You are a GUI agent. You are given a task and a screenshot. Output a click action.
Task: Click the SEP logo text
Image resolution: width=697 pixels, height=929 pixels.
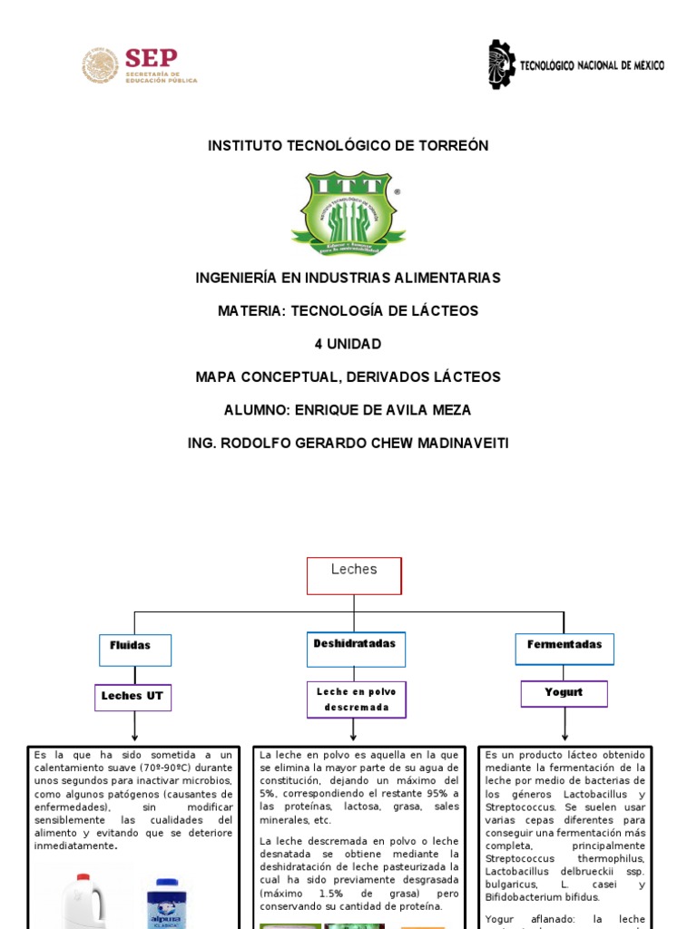tap(151, 58)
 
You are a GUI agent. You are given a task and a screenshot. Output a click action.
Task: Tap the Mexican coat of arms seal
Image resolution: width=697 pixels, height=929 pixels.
tap(101, 66)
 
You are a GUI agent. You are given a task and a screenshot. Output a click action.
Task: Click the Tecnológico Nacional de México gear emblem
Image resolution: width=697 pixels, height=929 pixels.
tap(502, 64)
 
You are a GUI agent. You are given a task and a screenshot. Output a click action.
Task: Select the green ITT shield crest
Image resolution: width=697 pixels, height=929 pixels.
tap(348, 213)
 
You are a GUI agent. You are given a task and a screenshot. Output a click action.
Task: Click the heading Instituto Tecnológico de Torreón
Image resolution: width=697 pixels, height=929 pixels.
tap(348, 145)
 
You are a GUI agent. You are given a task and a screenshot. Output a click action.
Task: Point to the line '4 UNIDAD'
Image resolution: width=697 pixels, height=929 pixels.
tap(348, 344)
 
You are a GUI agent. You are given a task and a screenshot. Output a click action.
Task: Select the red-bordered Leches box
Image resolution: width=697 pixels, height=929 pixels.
tap(354, 575)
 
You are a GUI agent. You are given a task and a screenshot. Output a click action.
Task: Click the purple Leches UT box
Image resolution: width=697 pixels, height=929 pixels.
tap(133, 697)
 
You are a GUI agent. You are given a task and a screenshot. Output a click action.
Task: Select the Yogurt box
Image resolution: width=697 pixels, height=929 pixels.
tap(564, 693)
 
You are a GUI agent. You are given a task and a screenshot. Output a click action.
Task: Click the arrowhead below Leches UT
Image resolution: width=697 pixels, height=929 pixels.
tap(134, 736)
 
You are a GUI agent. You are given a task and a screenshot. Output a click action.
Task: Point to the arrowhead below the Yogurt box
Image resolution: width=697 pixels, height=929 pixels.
tap(564, 736)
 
